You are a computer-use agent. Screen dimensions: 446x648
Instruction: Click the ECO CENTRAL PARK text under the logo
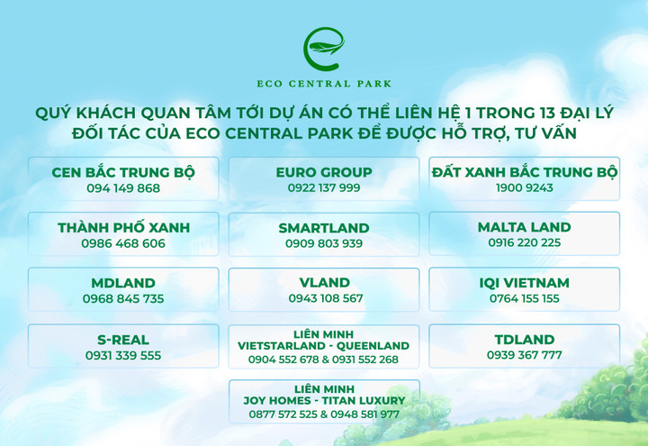[324, 85]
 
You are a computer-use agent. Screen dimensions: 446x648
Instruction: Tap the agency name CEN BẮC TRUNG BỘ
[123, 171]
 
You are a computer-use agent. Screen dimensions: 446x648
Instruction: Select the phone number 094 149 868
[123, 188]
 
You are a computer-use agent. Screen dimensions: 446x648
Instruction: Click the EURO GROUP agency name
[324, 171]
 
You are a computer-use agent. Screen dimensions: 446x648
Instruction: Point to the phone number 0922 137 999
[324, 188]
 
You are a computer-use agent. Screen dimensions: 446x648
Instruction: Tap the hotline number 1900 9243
[524, 188]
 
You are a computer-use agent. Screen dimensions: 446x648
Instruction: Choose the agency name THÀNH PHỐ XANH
[123, 227]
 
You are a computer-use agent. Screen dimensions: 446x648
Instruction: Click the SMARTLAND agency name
[324, 227]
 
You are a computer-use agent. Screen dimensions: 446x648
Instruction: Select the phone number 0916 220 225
[524, 243]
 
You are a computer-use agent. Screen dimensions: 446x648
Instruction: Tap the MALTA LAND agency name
[524, 227]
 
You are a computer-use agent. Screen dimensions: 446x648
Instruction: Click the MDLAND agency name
[123, 283]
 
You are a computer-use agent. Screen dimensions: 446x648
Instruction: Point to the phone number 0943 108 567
[324, 298]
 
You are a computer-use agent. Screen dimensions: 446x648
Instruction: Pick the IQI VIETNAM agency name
[524, 283]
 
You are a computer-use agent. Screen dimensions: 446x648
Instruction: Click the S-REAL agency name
[123, 339]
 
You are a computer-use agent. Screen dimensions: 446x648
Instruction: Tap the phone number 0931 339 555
[123, 355]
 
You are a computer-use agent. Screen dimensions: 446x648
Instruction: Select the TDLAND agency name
[524, 339]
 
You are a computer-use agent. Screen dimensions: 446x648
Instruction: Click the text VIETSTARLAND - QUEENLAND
[324, 345]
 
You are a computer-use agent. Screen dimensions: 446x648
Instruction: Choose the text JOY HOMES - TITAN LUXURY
[324, 400]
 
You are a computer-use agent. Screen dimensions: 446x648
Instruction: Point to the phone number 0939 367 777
[524, 355]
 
